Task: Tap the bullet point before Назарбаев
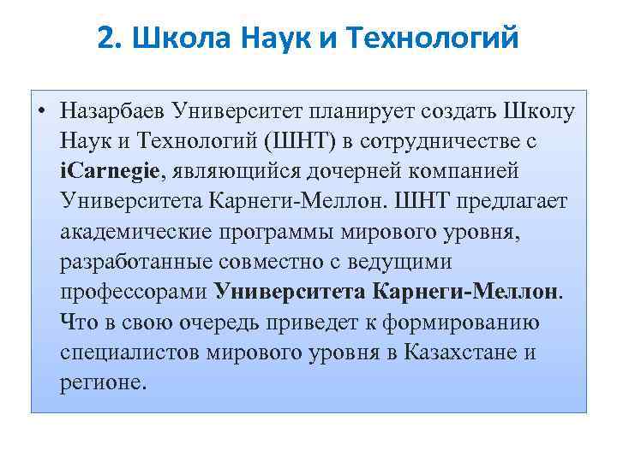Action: pos(42,111)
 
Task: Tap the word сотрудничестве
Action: pos(453,141)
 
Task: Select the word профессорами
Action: pos(134,291)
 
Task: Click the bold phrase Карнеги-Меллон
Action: pos(466,291)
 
